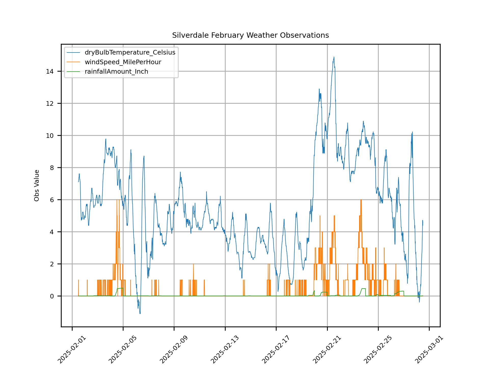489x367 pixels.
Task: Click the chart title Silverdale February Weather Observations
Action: tap(250, 35)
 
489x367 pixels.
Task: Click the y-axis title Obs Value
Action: tap(37, 186)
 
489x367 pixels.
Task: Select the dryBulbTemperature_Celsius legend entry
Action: tap(130, 53)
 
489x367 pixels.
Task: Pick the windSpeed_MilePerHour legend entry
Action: tap(123, 62)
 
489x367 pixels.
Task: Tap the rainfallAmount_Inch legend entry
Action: tap(116, 72)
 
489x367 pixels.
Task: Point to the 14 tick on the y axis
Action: tap(50, 71)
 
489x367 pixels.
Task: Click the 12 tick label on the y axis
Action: tap(50, 103)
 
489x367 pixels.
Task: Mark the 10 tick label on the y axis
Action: tap(50, 136)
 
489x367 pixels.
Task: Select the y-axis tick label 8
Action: tap(52, 168)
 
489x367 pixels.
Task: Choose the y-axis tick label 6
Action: tap(52, 200)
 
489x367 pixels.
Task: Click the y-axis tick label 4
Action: tap(52, 232)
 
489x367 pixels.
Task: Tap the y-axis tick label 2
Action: tap(52, 264)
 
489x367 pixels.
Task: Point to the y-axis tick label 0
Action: tap(52, 296)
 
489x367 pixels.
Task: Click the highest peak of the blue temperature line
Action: tap(334, 57)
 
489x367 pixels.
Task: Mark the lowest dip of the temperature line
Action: tap(140, 313)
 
